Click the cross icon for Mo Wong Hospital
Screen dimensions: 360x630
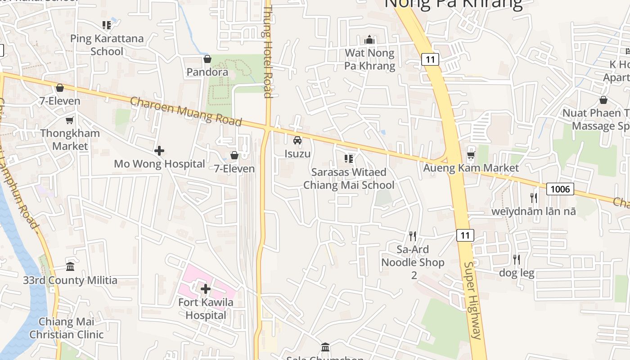coord(159,151)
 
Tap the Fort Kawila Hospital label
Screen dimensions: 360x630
coord(206,308)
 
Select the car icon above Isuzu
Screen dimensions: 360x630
coord(297,140)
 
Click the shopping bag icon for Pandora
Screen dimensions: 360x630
coord(207,59)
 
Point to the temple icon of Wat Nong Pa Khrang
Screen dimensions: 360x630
coord(369,40)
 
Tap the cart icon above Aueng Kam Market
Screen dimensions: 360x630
coord(471,155)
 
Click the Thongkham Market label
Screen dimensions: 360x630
coord(70,139)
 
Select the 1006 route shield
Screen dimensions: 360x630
coord(560,189)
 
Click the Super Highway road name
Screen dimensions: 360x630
coord(473,301)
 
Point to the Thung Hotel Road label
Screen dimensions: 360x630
coord(268,51)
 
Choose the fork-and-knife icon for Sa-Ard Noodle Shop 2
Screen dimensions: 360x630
coord(412,236)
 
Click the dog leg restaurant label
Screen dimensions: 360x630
coord(517,273)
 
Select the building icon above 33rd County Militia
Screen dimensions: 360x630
coord(70,267)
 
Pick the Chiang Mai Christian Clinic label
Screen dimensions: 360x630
coord(67,328)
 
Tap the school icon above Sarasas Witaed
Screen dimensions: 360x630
coord(348,158)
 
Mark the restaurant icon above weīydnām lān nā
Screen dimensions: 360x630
coord(533,198)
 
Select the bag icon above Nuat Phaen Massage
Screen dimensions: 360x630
coord(603,100)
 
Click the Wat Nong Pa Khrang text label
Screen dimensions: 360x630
coord(369,59)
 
